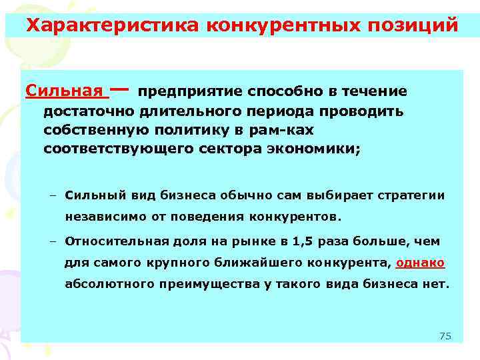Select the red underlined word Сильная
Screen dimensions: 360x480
tap(64, 90)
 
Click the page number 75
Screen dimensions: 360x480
tap(445, 335)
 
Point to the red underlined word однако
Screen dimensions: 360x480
tap(420, 262)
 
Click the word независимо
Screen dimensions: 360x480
tap(98, 217)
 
